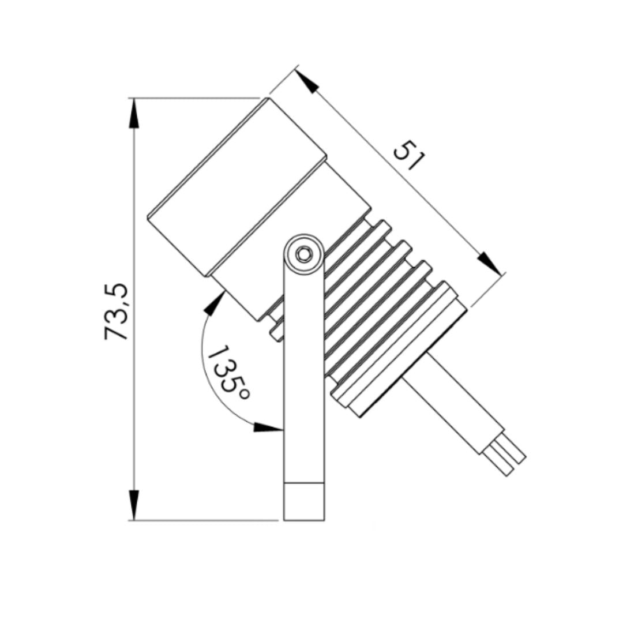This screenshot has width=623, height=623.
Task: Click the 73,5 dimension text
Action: click(x=117, y=312)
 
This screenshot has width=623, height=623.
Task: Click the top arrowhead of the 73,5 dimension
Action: click(x=134, y=113)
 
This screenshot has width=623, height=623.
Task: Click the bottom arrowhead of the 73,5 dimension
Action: click(x=134, y=505)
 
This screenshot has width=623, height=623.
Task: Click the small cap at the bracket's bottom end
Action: click(x=304, y=502)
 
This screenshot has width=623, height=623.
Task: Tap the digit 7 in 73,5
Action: click(x=117, y=332)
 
